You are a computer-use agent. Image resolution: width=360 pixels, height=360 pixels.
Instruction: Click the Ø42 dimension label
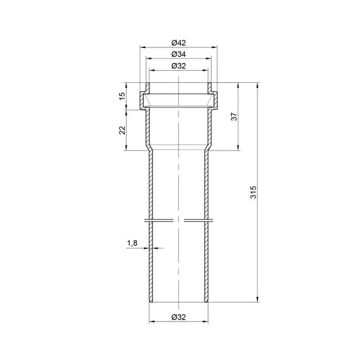pyautogui.click(x=178, y=43)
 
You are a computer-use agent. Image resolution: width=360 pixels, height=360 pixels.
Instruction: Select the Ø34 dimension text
pyautogui.click(x=178, y=54)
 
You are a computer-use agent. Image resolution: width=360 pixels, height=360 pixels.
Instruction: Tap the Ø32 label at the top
pyautogui.click(x=178, y=66)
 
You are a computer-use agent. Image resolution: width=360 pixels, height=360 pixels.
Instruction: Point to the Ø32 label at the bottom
pyautogui.click(x=178, y=317)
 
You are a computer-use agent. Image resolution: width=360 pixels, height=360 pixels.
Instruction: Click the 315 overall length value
pyautogui.click(x=253, y=192)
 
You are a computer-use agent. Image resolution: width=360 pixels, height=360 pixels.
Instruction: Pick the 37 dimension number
pyautogui.click(x=234, y=116)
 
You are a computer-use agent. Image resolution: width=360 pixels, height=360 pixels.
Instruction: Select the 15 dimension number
pyautogui.click(x=122, y=96)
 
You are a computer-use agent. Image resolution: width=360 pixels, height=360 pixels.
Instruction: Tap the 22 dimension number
pyautogui.click(x=122, y=130)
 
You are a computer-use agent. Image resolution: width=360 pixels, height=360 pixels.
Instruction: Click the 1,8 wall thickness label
pyautogui.click(x=132, y=243)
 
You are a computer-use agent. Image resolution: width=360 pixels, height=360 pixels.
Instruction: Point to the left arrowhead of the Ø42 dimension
pyautogui.click(x=143, y=47)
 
